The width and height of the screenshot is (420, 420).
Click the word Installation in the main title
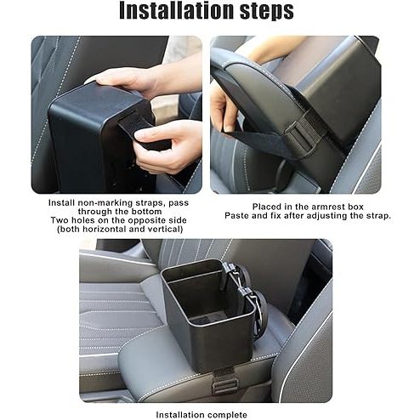(x=177, y=10)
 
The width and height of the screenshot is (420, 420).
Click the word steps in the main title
(x=267, y=12)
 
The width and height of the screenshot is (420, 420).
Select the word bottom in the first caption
(x=146, y=212)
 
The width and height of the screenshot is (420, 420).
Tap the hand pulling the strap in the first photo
(x=167, y=146)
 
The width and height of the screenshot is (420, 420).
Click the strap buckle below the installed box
(x=224, y=386)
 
